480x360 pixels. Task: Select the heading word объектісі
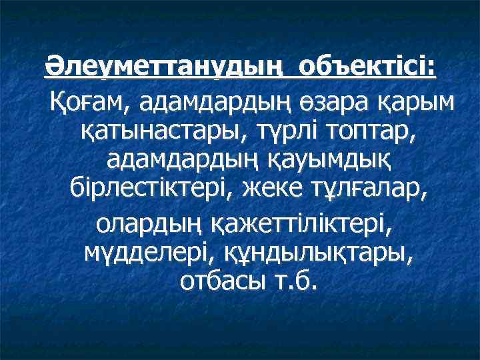coord(363,69)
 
